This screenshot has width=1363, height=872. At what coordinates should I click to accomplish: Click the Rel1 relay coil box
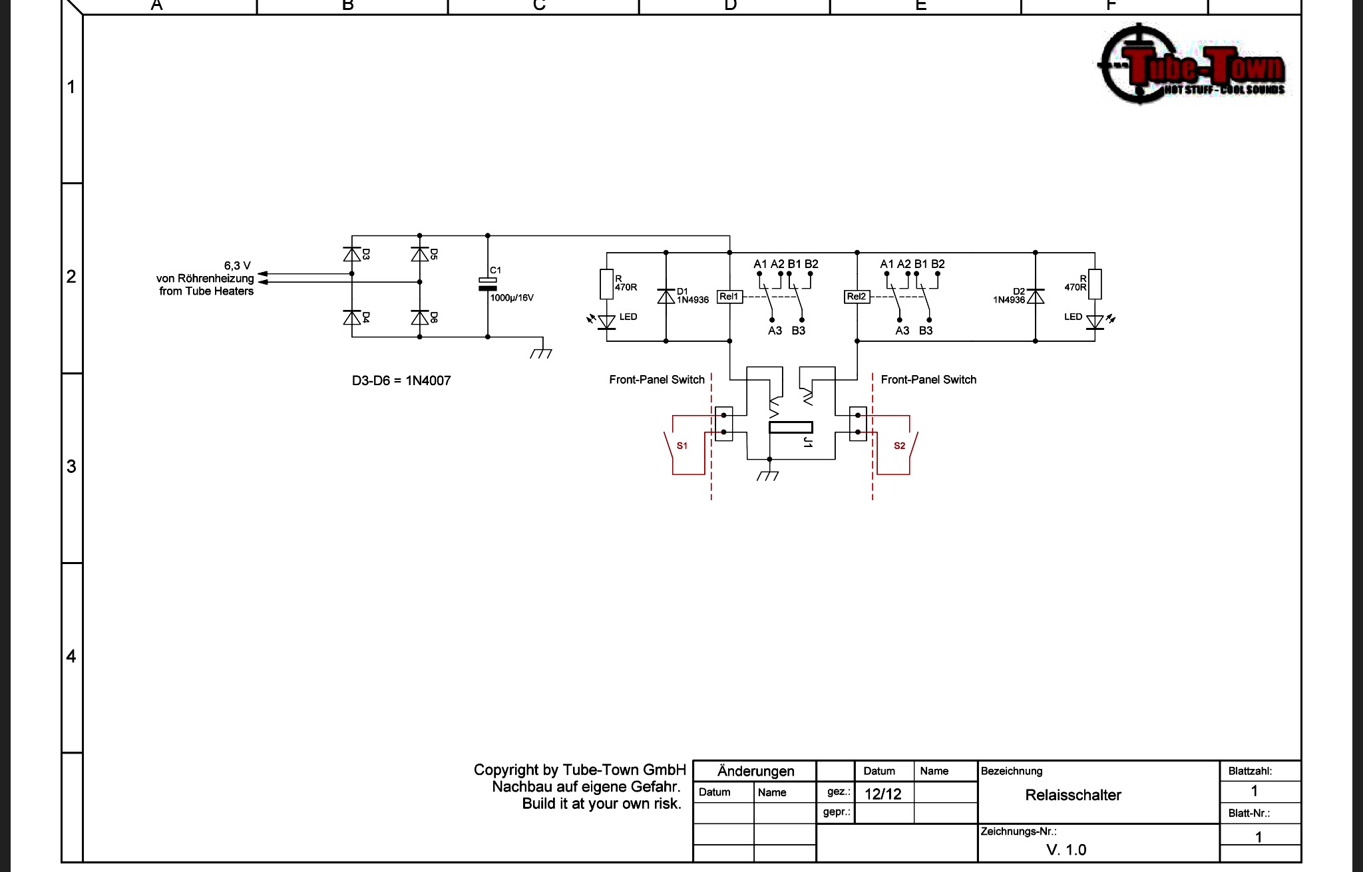point(729,297)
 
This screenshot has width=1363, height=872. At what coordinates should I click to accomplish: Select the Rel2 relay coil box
point(857,297)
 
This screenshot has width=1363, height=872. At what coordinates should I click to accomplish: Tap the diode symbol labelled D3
point(352,254)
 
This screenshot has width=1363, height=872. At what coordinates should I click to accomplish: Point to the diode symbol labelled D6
point(420,317)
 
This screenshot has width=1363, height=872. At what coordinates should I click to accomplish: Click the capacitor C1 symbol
point(488,284)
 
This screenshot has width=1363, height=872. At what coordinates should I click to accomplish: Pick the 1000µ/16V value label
point(512,298)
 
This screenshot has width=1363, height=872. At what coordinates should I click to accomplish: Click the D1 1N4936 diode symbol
point(666,296)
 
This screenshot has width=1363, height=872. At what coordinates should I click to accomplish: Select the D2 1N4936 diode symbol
point(1036,296)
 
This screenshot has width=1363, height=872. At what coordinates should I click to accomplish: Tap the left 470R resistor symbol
point(607,284)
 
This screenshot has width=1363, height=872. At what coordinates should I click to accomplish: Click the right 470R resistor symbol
point(1095,284)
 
